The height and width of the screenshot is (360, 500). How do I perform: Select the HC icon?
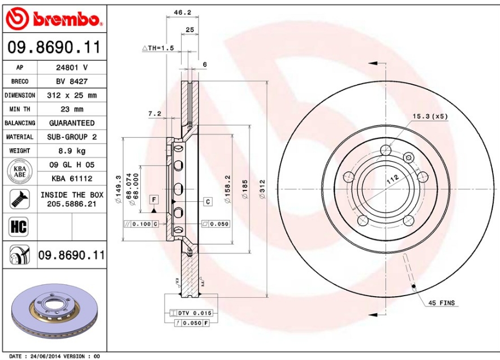[19, 227]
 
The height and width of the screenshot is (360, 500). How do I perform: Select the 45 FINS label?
[441, 303]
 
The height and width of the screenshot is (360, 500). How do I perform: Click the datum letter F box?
[153, 199]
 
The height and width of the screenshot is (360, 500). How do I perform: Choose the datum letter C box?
[208, 201]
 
